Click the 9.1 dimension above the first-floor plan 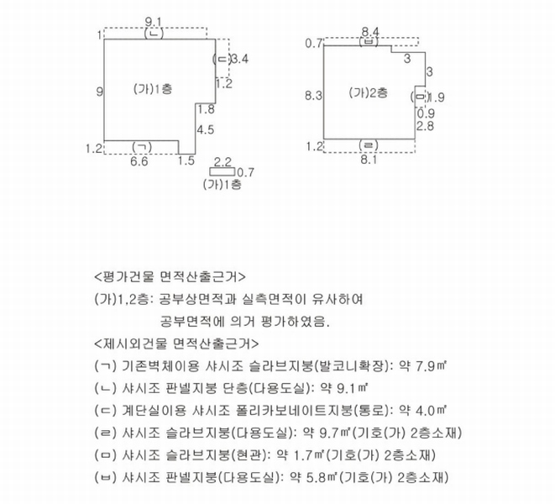tap(154, 22)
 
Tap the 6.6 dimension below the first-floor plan tap(139, 161)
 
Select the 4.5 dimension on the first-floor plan tap(206, 129)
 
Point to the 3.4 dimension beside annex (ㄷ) tap(239, 59)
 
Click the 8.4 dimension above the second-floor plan tap(370, 32)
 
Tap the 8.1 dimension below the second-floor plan tap(369, 160)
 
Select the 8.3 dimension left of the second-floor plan tap(313, 96)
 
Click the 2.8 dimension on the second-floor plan tap(425, 126)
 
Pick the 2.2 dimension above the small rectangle tap(223, 162)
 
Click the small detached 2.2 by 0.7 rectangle tap(223, 171)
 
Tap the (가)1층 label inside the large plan tap(153, 88)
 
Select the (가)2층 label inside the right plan tap(368, 92)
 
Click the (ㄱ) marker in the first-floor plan tap(142, 147)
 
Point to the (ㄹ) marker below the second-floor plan tap(369, 145)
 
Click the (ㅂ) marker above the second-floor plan tap(369, 41)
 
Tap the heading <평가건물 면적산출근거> tap(170, 276)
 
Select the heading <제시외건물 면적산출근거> tap(176, 344)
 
